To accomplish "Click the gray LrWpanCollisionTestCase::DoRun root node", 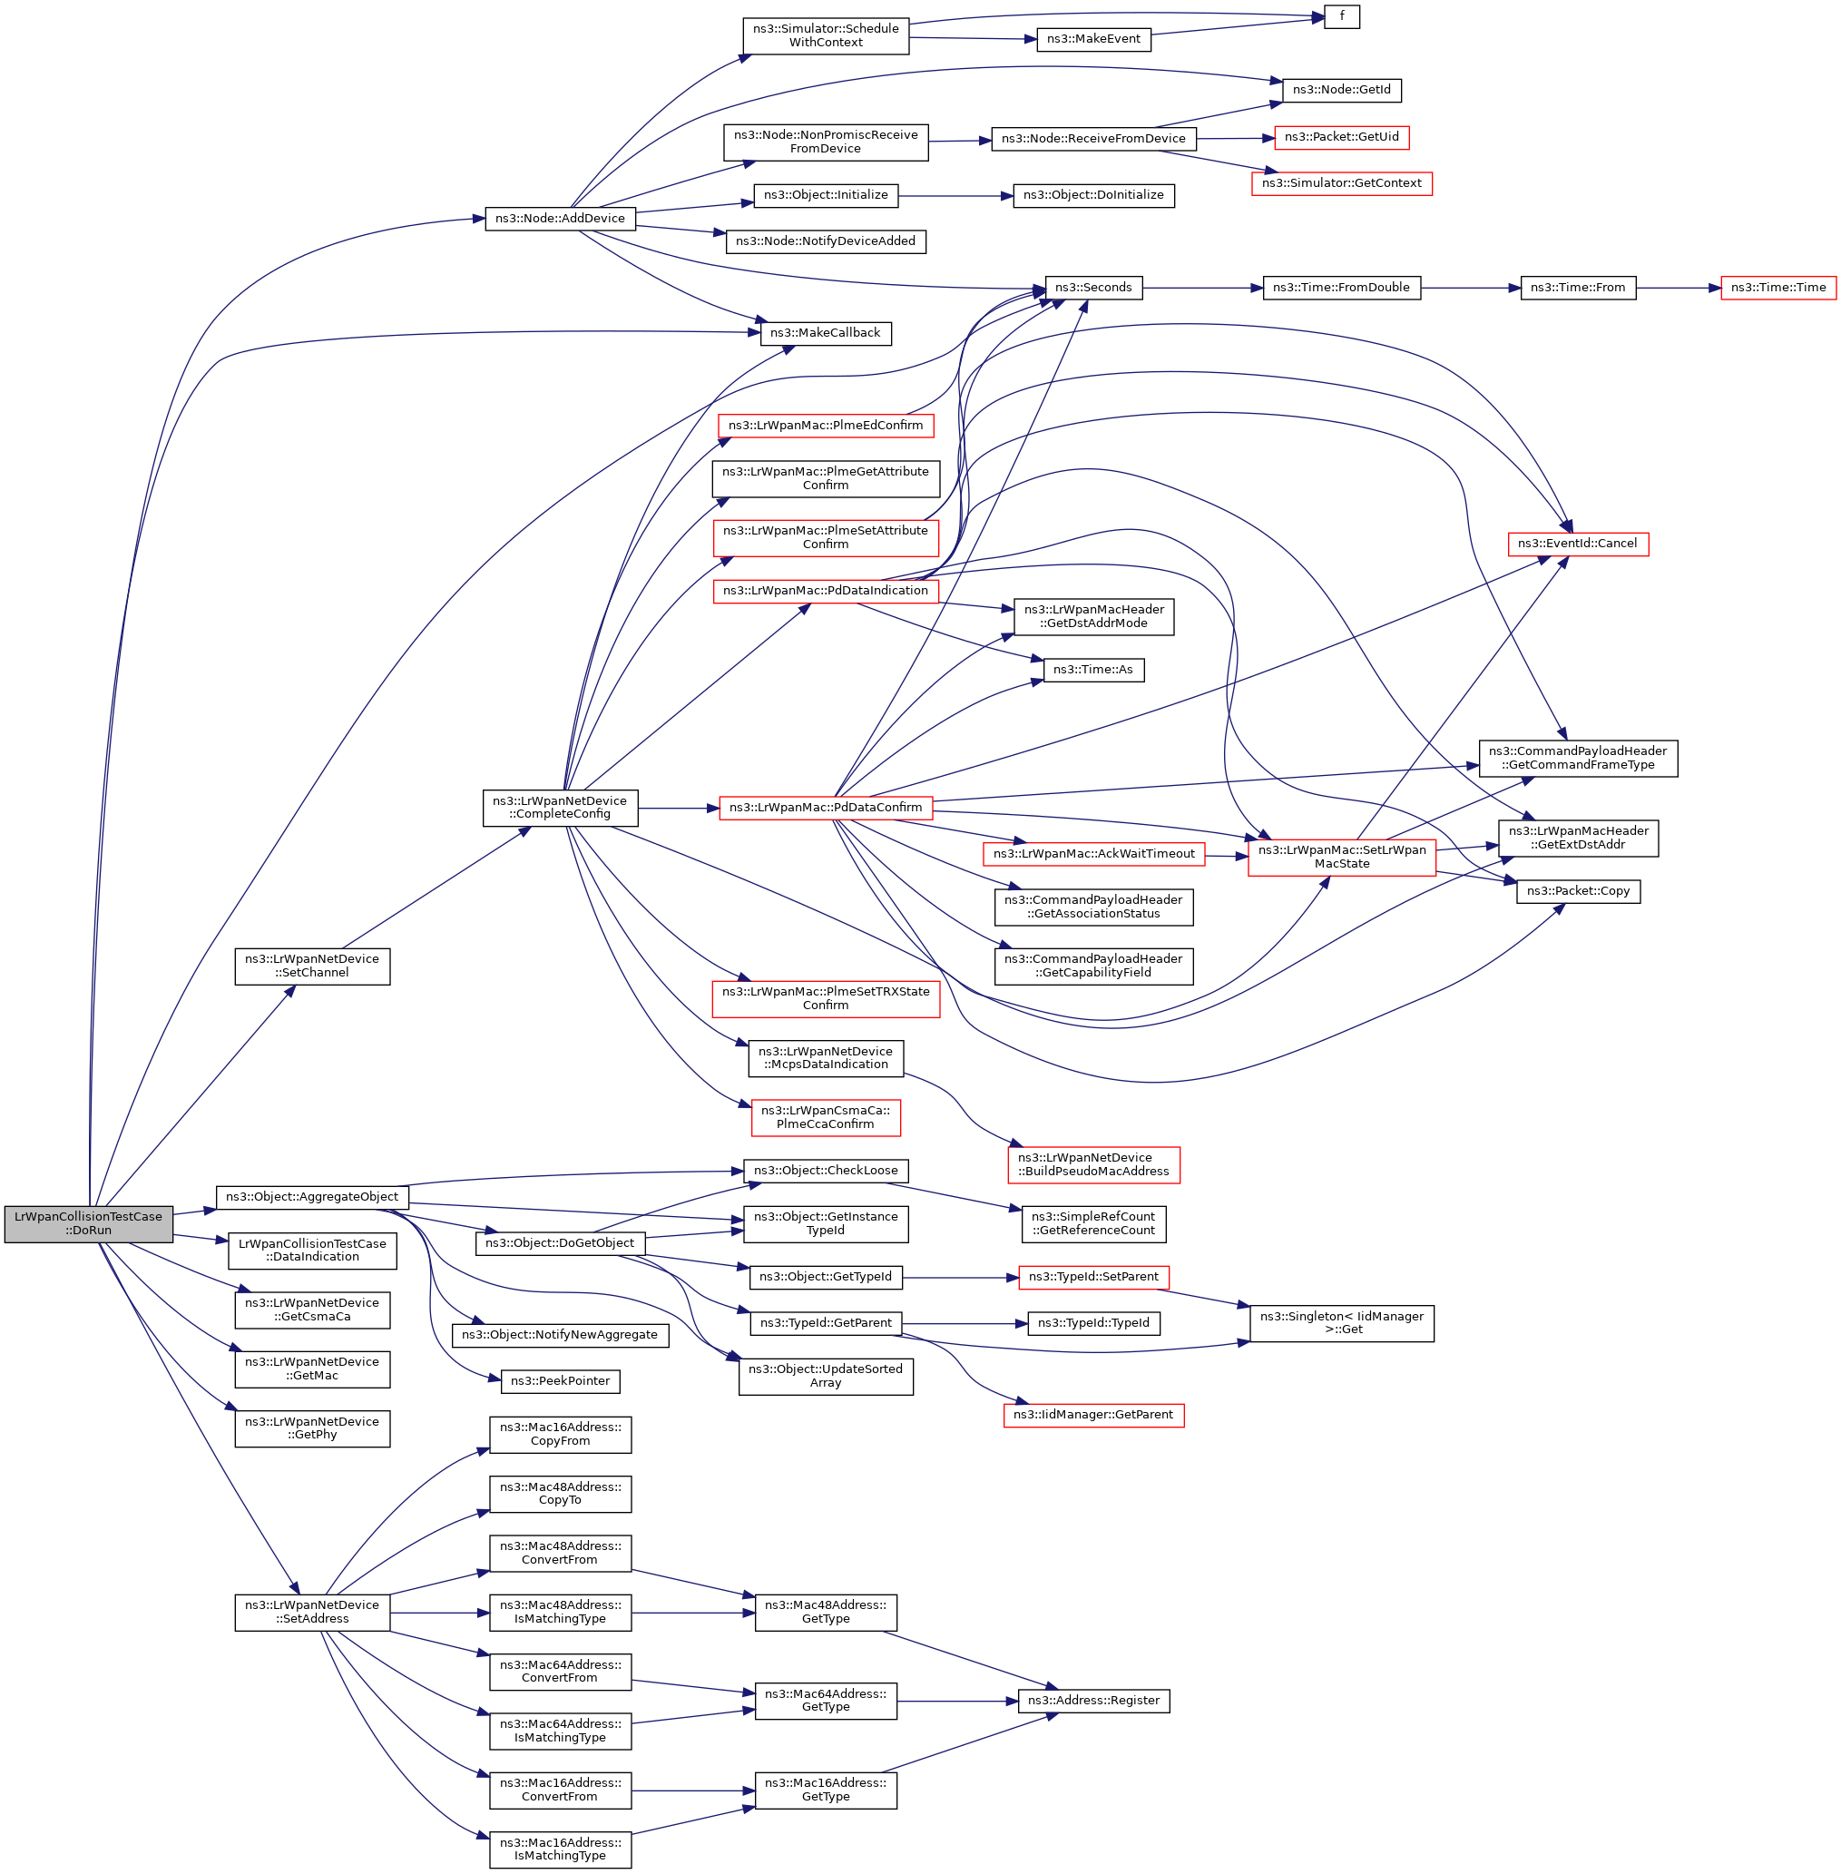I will point(88,1223).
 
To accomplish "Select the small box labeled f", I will point(1341,16).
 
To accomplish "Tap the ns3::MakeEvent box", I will point(1092,40).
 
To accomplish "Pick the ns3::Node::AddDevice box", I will point(560,219).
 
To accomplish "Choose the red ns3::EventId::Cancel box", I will point(1577,544).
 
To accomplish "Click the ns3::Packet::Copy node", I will point(1577,890).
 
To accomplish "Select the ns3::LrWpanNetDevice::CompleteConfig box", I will point(560,808).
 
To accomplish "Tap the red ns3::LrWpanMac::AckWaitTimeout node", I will point(1092,854).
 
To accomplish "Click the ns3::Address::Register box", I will point(1092,1700).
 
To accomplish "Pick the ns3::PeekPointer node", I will point(560,1381).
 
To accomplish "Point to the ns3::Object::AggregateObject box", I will point(311,1197).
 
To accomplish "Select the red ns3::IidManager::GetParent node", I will point(1092,1415).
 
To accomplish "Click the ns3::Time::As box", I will point(1092,670).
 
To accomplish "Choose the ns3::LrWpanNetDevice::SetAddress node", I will point(311,1612).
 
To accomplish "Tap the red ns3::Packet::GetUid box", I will point(1341,137).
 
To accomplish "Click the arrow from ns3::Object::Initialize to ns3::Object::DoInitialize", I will point(955,196).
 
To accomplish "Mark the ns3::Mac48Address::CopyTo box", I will point(560,1494).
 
